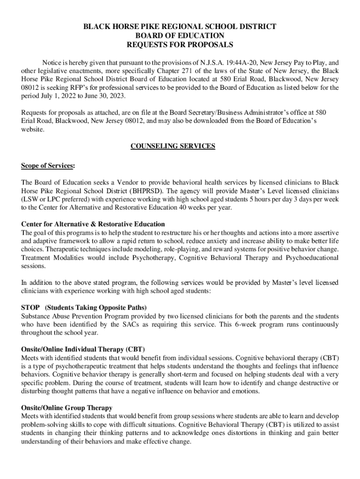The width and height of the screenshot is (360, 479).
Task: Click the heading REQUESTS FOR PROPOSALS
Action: click(x=180, y=45)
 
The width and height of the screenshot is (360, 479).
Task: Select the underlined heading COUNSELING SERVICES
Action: click(x=173, y=146)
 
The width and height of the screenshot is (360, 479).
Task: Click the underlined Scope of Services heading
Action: click(x=47, y=166)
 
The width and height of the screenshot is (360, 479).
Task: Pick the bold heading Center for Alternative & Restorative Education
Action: click(x=93, y=224)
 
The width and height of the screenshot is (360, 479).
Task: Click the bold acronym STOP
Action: click(x=30, y=307)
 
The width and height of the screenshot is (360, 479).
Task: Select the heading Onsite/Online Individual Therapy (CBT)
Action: click(x=83, y=349)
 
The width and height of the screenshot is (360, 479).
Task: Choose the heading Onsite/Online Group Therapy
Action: click(x=67, y=408)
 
